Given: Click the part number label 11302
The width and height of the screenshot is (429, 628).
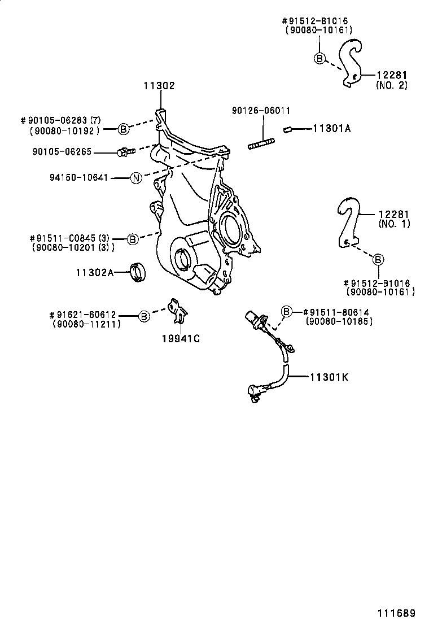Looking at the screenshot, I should (x=159, y=86).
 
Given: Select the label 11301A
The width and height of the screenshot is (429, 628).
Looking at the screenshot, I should (x=331, y=129).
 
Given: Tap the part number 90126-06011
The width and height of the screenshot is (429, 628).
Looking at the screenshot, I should (x=261, y=111).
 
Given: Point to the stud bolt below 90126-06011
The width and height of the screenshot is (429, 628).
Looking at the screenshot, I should (x=261, y=145).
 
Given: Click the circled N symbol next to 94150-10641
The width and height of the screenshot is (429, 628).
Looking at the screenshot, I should (x=135, y=178).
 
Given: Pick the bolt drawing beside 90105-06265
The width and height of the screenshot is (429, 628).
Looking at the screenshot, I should (x=125, y=152).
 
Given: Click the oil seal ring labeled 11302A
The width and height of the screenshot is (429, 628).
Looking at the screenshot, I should (x=138, y=272).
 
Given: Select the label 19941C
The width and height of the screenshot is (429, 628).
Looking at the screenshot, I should (x=181, y=339).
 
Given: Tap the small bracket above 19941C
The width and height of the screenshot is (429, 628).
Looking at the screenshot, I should (x=178, y=312).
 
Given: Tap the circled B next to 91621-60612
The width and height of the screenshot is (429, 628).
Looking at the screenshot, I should (x=144, y=316).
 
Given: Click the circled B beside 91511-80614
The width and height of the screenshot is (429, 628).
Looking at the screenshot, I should (x=287, y=311).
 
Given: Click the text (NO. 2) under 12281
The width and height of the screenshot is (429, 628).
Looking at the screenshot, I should (x=391, y=85).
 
